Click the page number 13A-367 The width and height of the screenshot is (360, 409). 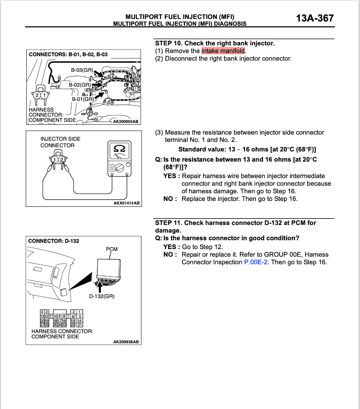point(315,18)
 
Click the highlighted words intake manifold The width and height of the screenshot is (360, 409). point(223,51)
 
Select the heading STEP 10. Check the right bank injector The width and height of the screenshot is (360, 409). point(215,43)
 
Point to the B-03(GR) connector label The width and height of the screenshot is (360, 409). point(82,70)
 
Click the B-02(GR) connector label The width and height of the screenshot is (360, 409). point(80,85)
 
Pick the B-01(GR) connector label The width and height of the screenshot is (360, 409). point(83,99)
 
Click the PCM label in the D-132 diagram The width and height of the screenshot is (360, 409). point(112,249)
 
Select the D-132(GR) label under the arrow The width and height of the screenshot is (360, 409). point(102,296)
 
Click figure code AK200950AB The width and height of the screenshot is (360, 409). point(126,122)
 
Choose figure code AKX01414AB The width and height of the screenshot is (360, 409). point(126,203)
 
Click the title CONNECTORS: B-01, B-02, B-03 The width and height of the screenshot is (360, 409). point(68,54)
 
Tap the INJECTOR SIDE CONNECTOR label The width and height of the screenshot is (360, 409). point(60,142)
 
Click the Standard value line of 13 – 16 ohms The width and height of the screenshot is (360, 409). point(247,149)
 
